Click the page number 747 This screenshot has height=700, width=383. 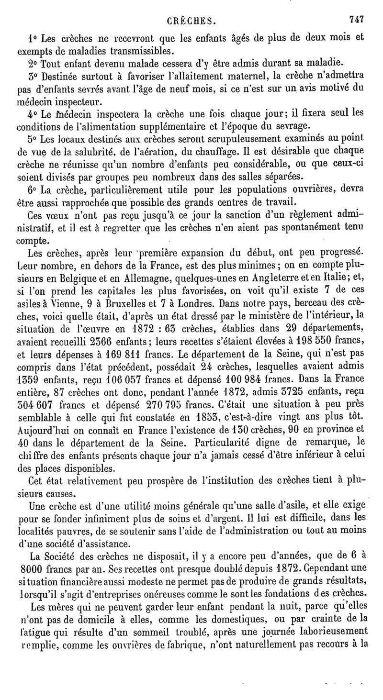point(357,20)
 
